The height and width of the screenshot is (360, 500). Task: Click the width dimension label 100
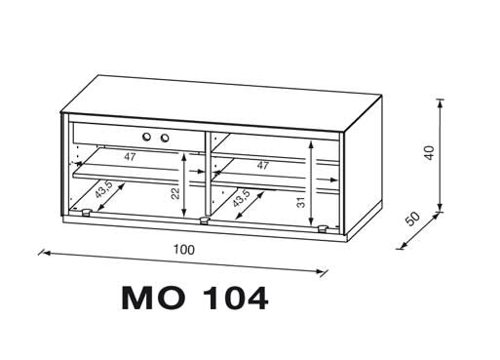(x=184, y=250)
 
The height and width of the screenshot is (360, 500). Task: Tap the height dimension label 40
(x=429, y=152)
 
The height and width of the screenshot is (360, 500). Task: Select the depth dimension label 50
(x=413, y=219)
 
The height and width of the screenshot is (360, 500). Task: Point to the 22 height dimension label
(x=175, y=193)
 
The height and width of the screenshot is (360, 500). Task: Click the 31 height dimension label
(x=301, y=202)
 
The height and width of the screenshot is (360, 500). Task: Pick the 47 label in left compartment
(x=130, y=157)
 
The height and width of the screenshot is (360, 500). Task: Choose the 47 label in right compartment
(x=262, y=165)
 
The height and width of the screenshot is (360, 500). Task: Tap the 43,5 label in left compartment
(x=103, y=189)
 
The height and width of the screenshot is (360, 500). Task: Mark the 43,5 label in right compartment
(x=241, y=198)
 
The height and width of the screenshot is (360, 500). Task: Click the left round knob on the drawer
(x=147, y=137)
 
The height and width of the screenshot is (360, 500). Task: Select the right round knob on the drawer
(x=165, y=138)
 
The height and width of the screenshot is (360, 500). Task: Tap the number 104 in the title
(x=236, y=299)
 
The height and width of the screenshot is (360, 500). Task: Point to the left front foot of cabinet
(x=86, y=213)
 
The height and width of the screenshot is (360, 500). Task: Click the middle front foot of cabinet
(x=204, y=220)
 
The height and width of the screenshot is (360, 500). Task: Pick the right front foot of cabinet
(x=323, y=229)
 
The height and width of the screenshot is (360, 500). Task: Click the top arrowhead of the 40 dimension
(x=440, y=102)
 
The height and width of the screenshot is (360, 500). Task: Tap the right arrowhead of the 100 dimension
(x=321, y=271)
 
